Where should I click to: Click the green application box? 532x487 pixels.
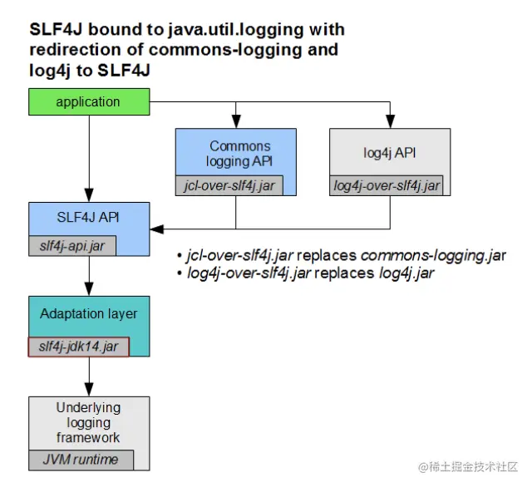pyautogui.click(x=88, y=102)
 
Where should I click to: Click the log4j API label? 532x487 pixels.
pyautogui.click(x=391, y=153)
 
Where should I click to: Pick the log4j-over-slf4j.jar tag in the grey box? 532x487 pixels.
pyautogui.click(x=387, y=185)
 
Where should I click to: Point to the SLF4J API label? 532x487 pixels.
pyautogui.click(x=89, y=219)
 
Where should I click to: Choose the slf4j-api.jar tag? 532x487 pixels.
pyautogui.click(x=71, y=245)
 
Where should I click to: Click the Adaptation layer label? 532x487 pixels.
pyautogui.click(x=89, y=314)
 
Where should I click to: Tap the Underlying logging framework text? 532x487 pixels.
pyautogui.click(x=89, y=422)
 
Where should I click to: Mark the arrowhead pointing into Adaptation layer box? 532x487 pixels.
pyautogui.click(x=89, y=290)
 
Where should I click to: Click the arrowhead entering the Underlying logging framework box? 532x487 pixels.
pyautogui.click(x=89, y=390)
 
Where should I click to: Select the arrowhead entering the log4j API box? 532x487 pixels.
pyautogui.click(x=390, y=123)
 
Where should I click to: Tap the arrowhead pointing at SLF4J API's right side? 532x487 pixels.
pyautogui.click(x=156, y=228)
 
